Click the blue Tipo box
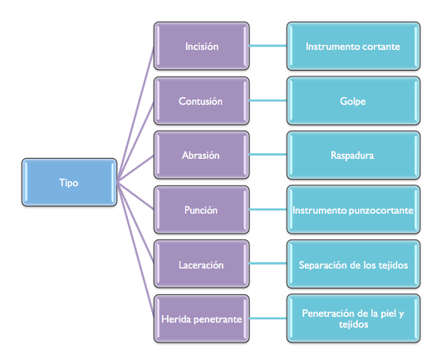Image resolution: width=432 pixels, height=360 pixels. coord(69,182)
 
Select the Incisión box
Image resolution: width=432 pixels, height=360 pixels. coord(202,46)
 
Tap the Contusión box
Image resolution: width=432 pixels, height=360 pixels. coord(202,101)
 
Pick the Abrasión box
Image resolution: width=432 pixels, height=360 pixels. coord(202,155)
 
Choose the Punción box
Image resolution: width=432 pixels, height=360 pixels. coord(202,210)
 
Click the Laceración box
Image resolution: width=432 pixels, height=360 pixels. coord(202,264)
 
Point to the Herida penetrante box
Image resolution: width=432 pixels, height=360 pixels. coord(202,318)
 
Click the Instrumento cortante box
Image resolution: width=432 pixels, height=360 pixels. coord(353,46)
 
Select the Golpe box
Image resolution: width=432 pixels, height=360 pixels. coord(353,101)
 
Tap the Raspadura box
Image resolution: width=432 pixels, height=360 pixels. coord(353,155)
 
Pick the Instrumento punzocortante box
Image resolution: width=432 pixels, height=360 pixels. coord(353,210)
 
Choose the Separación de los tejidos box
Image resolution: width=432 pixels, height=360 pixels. coord(353,264)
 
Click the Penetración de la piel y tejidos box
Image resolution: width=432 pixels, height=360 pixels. coord(353,318)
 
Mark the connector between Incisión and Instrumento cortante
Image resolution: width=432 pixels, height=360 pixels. coord(268,46)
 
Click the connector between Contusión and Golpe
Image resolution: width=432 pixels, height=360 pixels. coord(268,101)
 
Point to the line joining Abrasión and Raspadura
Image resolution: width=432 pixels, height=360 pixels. coord(268,155)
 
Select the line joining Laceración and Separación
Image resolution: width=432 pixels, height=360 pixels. coord(268,264)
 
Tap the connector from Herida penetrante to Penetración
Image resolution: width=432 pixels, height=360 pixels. coord(268,318)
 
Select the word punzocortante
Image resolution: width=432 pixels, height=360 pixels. coord(381,210)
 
